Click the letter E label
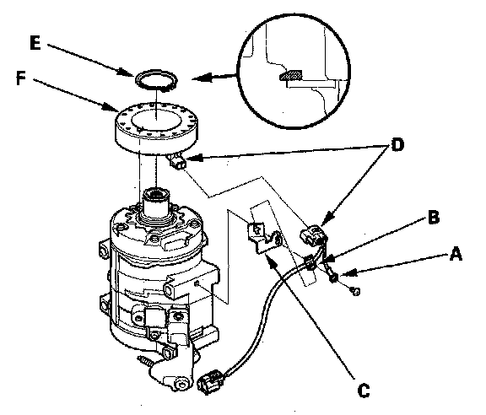(35, 42)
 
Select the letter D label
(397, 144)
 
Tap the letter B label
(434, 217)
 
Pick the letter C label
(364, 391)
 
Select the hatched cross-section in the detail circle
(291, 75)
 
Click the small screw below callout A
(355, 291)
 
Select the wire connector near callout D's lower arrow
(312, 235)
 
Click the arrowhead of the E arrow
(128, 73)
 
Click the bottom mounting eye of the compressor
(180, 384)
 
